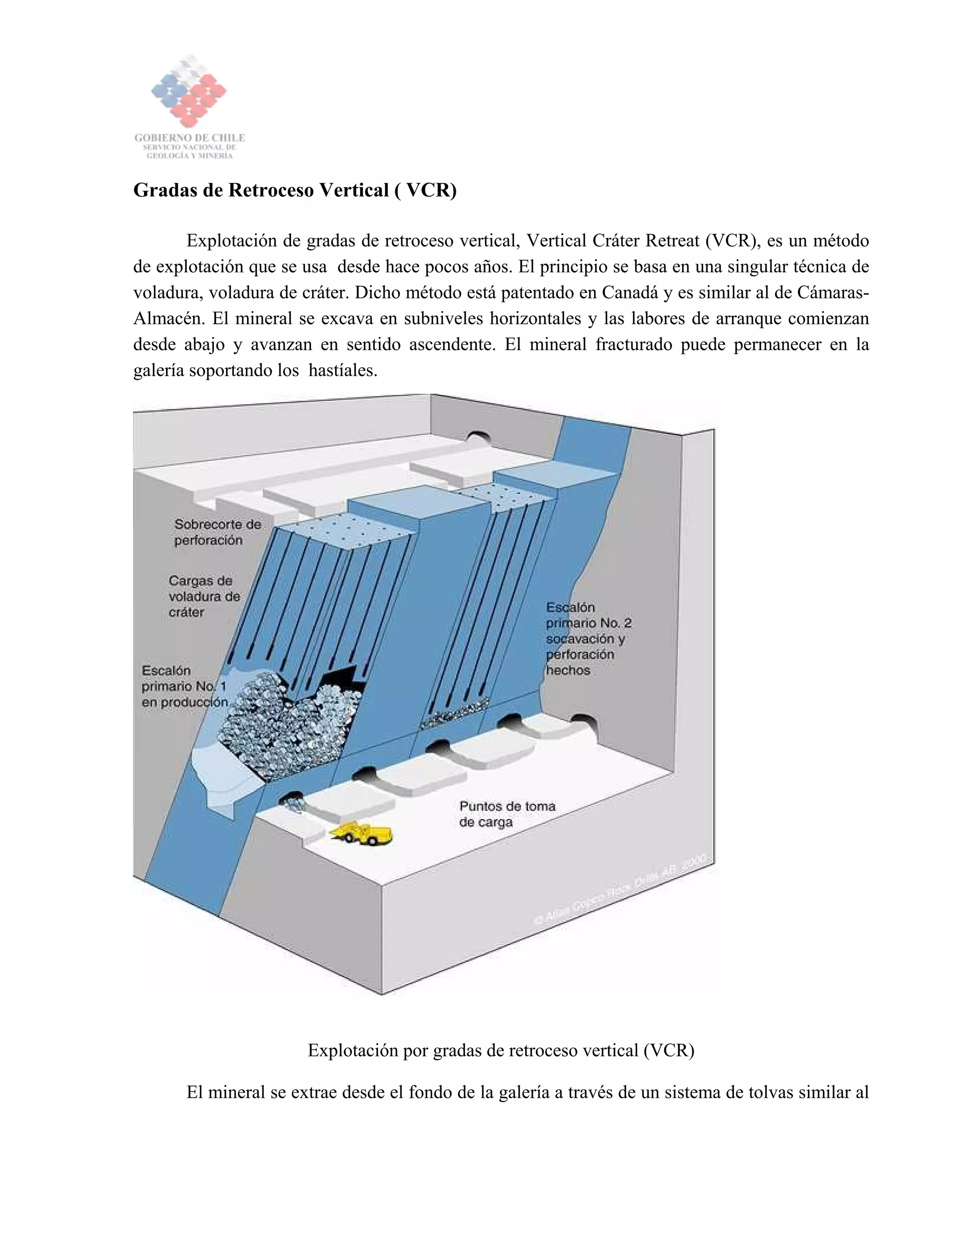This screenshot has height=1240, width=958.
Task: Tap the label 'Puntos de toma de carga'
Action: (x=506, y=814)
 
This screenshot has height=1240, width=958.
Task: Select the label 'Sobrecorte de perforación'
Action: (x=218, y=532)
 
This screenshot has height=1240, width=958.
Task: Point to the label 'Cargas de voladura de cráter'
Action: (x=204, y=596)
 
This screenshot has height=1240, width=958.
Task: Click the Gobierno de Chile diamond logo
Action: (x=189, y=91)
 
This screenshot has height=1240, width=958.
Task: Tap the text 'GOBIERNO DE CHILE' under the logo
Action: (x=189, y=138)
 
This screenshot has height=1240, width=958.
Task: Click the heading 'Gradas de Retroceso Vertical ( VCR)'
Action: (x=295, y=190)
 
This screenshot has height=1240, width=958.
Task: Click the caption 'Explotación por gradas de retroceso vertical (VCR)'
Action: (x=501, y=1050)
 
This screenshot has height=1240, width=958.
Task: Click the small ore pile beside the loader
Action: (x=293, y=803)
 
